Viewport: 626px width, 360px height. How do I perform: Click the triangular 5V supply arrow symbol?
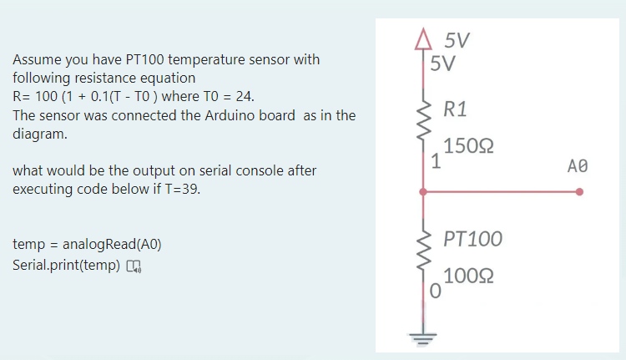423,40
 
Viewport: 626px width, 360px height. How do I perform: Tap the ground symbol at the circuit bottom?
423,339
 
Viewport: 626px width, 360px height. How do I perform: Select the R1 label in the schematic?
456,109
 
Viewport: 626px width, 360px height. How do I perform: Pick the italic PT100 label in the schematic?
472,240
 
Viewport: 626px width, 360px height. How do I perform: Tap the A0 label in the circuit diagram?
577,165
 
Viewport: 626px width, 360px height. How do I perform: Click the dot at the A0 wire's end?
579,192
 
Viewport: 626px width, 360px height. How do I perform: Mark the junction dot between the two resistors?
423,192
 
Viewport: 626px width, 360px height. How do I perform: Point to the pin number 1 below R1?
436,161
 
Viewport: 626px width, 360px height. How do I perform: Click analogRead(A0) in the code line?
114,246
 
